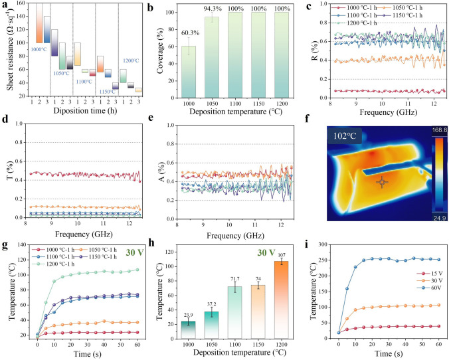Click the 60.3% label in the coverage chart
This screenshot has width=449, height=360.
(190, 33)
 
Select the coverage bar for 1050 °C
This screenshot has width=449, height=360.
(212, 57)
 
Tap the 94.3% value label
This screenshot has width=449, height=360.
(213, 9)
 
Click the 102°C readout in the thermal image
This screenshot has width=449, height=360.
(345, 135)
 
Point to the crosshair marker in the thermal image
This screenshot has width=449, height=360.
(382, 182)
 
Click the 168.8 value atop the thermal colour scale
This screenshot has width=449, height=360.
(440, 130)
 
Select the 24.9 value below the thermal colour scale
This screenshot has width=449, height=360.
(440, 219)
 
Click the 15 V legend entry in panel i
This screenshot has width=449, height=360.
(425, 274)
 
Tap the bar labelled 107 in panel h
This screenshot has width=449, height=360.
(281, 300)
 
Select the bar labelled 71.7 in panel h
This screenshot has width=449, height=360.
(235, 312)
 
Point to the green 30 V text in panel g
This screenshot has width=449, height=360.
(135, 252)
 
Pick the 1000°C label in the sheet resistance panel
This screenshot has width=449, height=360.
(39, 49)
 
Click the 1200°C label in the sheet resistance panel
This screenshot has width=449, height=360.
(131, 60)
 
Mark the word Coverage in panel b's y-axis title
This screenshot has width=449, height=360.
(160, 50)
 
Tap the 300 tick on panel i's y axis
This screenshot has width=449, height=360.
(323, 244)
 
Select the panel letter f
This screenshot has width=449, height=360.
(308, 118)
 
